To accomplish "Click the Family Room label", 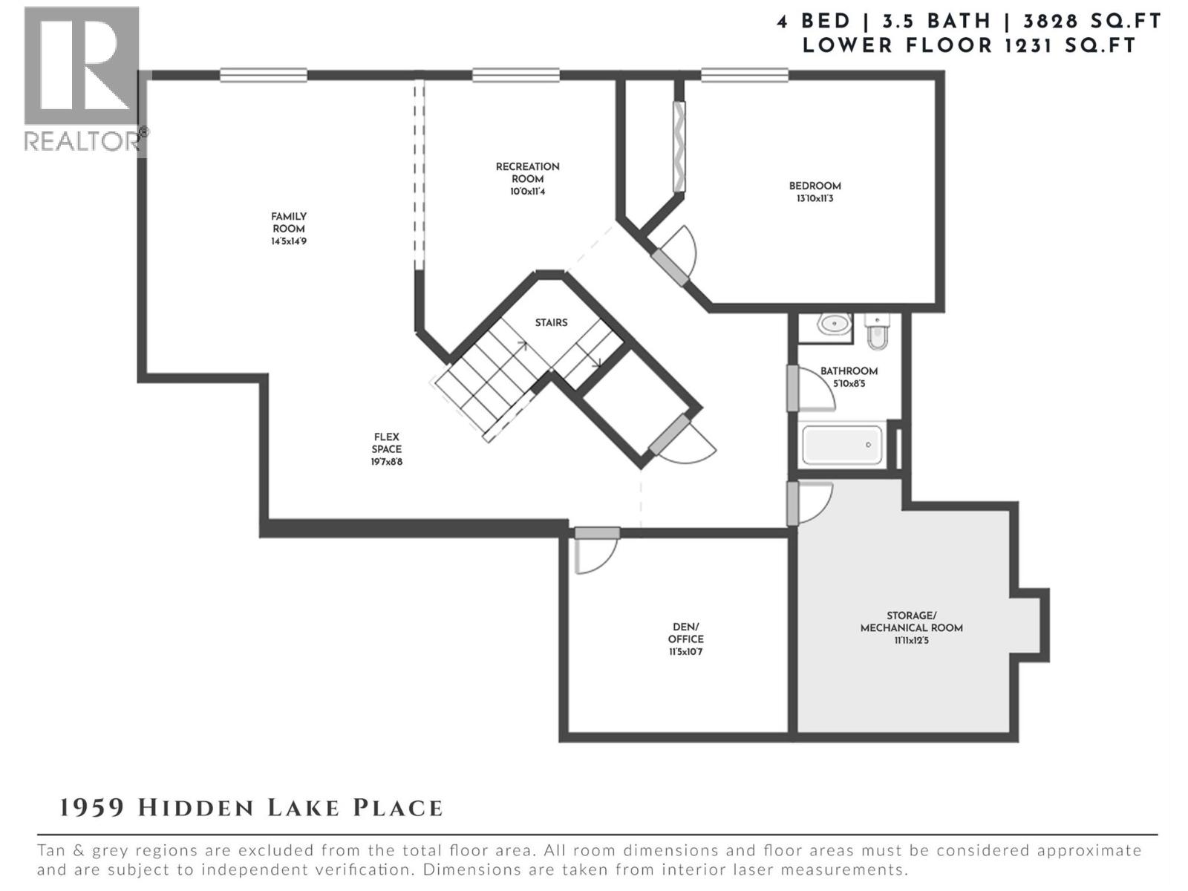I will (x=289, y=223).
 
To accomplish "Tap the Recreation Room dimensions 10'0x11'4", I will (x=527, y=192).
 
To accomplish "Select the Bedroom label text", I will (x=815, y=186).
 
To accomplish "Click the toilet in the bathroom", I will (x=877, y=332).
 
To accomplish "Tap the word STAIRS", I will (x=551, y=322).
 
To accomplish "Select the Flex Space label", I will (x=387, y=443).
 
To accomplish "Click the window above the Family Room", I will (x=263, y=75).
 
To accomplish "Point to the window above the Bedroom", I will (x=744, y=75).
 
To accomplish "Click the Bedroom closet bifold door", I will (x=679, y=146).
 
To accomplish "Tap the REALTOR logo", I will (x=82, y=78).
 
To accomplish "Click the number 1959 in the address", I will (x=92, y=808).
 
